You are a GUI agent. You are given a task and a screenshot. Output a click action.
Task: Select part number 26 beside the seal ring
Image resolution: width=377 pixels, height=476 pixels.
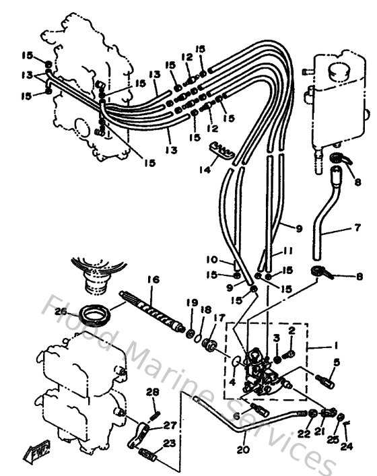click(61, 311)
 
